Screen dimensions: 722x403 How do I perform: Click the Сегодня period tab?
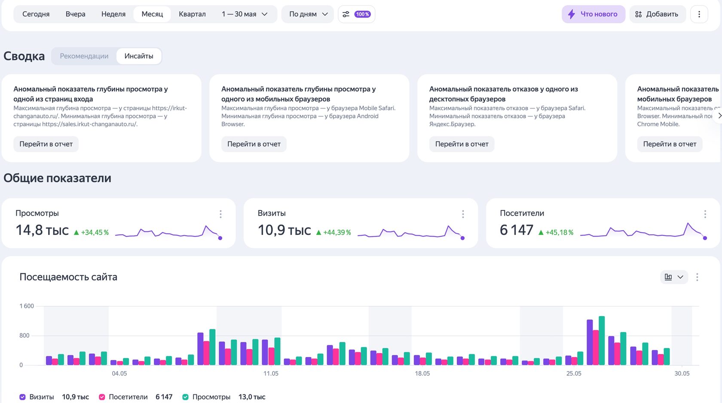(36, 14)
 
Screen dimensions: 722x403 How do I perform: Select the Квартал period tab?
(192, 14)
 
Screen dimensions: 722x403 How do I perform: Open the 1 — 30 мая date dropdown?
(244, 14)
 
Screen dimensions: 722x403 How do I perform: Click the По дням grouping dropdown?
(308, 14)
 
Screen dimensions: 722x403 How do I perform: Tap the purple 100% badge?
(362, 14)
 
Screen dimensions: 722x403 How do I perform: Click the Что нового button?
(594, 14)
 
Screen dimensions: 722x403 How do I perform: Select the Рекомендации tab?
(84, 56)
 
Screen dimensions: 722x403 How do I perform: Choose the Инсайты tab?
(139, 56)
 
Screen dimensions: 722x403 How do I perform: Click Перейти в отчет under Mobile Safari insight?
(254, 144)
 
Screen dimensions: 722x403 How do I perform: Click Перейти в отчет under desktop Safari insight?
(462, 144)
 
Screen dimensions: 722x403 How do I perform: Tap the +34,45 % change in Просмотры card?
(92, 232)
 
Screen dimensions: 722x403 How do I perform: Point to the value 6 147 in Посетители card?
(517, 230)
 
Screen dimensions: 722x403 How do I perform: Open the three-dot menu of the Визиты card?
(463, 214)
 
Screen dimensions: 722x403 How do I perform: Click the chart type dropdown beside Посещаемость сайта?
(674, 277)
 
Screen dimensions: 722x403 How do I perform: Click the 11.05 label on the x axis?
(271, 373)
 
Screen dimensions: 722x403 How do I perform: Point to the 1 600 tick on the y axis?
(27, 306)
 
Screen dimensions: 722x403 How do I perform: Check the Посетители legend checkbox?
(102, 397)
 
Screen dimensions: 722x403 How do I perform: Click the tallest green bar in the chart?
(602, 341)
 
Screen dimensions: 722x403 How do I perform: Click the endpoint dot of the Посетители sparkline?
(705, 238)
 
